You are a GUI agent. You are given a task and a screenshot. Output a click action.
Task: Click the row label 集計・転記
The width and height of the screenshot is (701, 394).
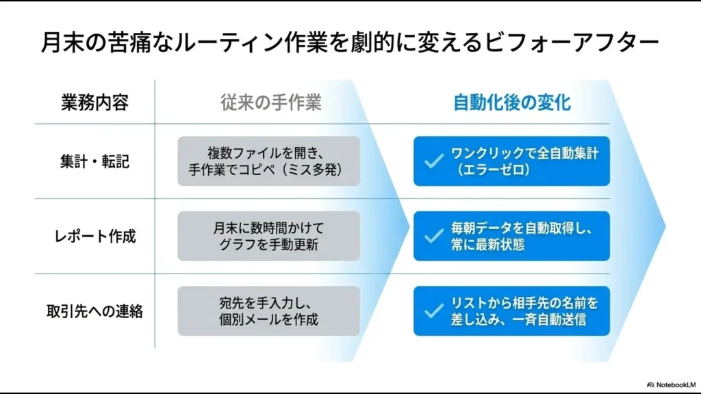pyautogui.click(x=94, y=161)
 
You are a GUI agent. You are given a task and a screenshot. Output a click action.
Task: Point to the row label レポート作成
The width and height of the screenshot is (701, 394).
pyautogui.click(x=94, y=236)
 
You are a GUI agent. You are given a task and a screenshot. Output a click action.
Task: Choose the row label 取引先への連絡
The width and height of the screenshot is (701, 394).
pyautogui.click(x=94, y=311)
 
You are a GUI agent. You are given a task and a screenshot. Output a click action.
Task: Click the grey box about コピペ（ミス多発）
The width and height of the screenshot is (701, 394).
pyautogui.click(x=268, y=161)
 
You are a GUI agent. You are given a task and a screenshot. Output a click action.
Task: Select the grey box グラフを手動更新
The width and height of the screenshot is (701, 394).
pyautogui.click(x=268, y=236)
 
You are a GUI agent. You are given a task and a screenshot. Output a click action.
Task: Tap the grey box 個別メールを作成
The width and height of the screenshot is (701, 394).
pyautogui.click(x=268, y=311)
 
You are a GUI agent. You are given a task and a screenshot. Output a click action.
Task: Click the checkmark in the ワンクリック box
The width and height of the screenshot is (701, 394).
pyautogui.click(x=433, y=161)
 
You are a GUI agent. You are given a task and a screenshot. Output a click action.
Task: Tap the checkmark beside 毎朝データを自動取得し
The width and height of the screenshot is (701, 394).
pyautogui.click(x=433, y=236)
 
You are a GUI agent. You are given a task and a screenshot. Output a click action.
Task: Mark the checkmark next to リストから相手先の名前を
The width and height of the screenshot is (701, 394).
pyautogui.click(x=433, y=311)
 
